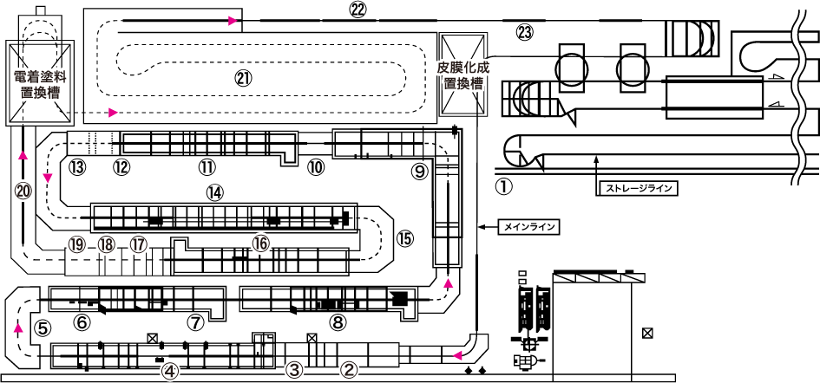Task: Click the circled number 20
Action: pyautogui.click(x=23, y=191)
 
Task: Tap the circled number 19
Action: pyautogui.click(x=77, y=245)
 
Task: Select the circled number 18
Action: pyautogui.click(x=107, y=245)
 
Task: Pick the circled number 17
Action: pyautogui.click(x=139, y=245)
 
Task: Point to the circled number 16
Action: pyautogui.click(x=261, y=244)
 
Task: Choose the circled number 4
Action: pyautogui.click(x=170, y=372)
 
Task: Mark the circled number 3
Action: pyautogui.click(x=294, y=370)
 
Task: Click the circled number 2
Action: pyautogui.click(x=349, y=370)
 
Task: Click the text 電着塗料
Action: pyautogui.click(x=40, y=77)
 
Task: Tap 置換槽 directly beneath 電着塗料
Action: pyautogui.click(x=40, y=93)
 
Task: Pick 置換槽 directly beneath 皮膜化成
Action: pyautogui.click(x=463, y=84)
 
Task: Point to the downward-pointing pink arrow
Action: pyautogui.click(x=48, y=178)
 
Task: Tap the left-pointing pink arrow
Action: pyautogui.click(x=457, y=355)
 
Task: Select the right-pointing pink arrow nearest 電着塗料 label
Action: pyautogui.click(x=113, y=113)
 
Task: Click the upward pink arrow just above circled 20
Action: pyautogui.click(x=23, y=155)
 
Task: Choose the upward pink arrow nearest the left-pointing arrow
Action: pyautogui.click(x=449, y=283)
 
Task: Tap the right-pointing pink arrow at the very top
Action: pyautogui.click(x=233, y=21)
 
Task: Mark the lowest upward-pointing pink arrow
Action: pyautogui.click(x=18, y=328)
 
